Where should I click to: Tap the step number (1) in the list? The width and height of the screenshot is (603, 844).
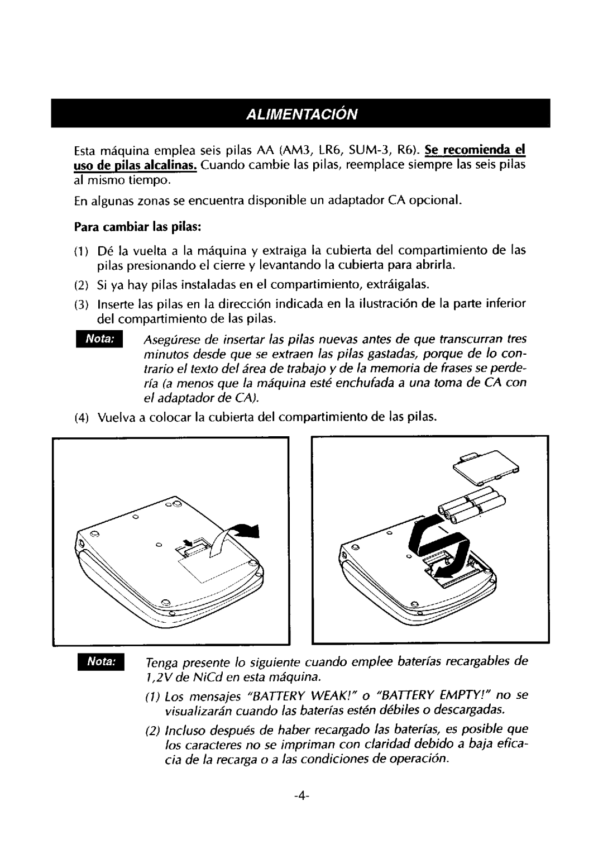(80, 250)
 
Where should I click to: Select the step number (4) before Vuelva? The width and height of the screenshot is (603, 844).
(80, 417)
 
